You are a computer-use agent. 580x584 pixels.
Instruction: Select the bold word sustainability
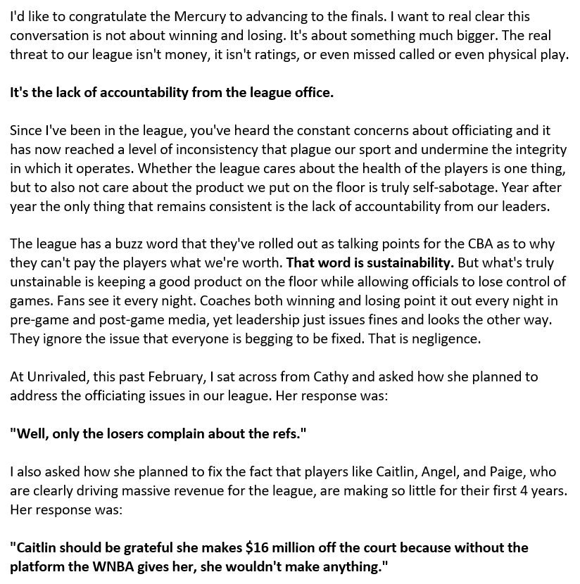coord(408,263)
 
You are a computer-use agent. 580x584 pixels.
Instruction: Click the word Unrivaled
coord(56,377)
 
